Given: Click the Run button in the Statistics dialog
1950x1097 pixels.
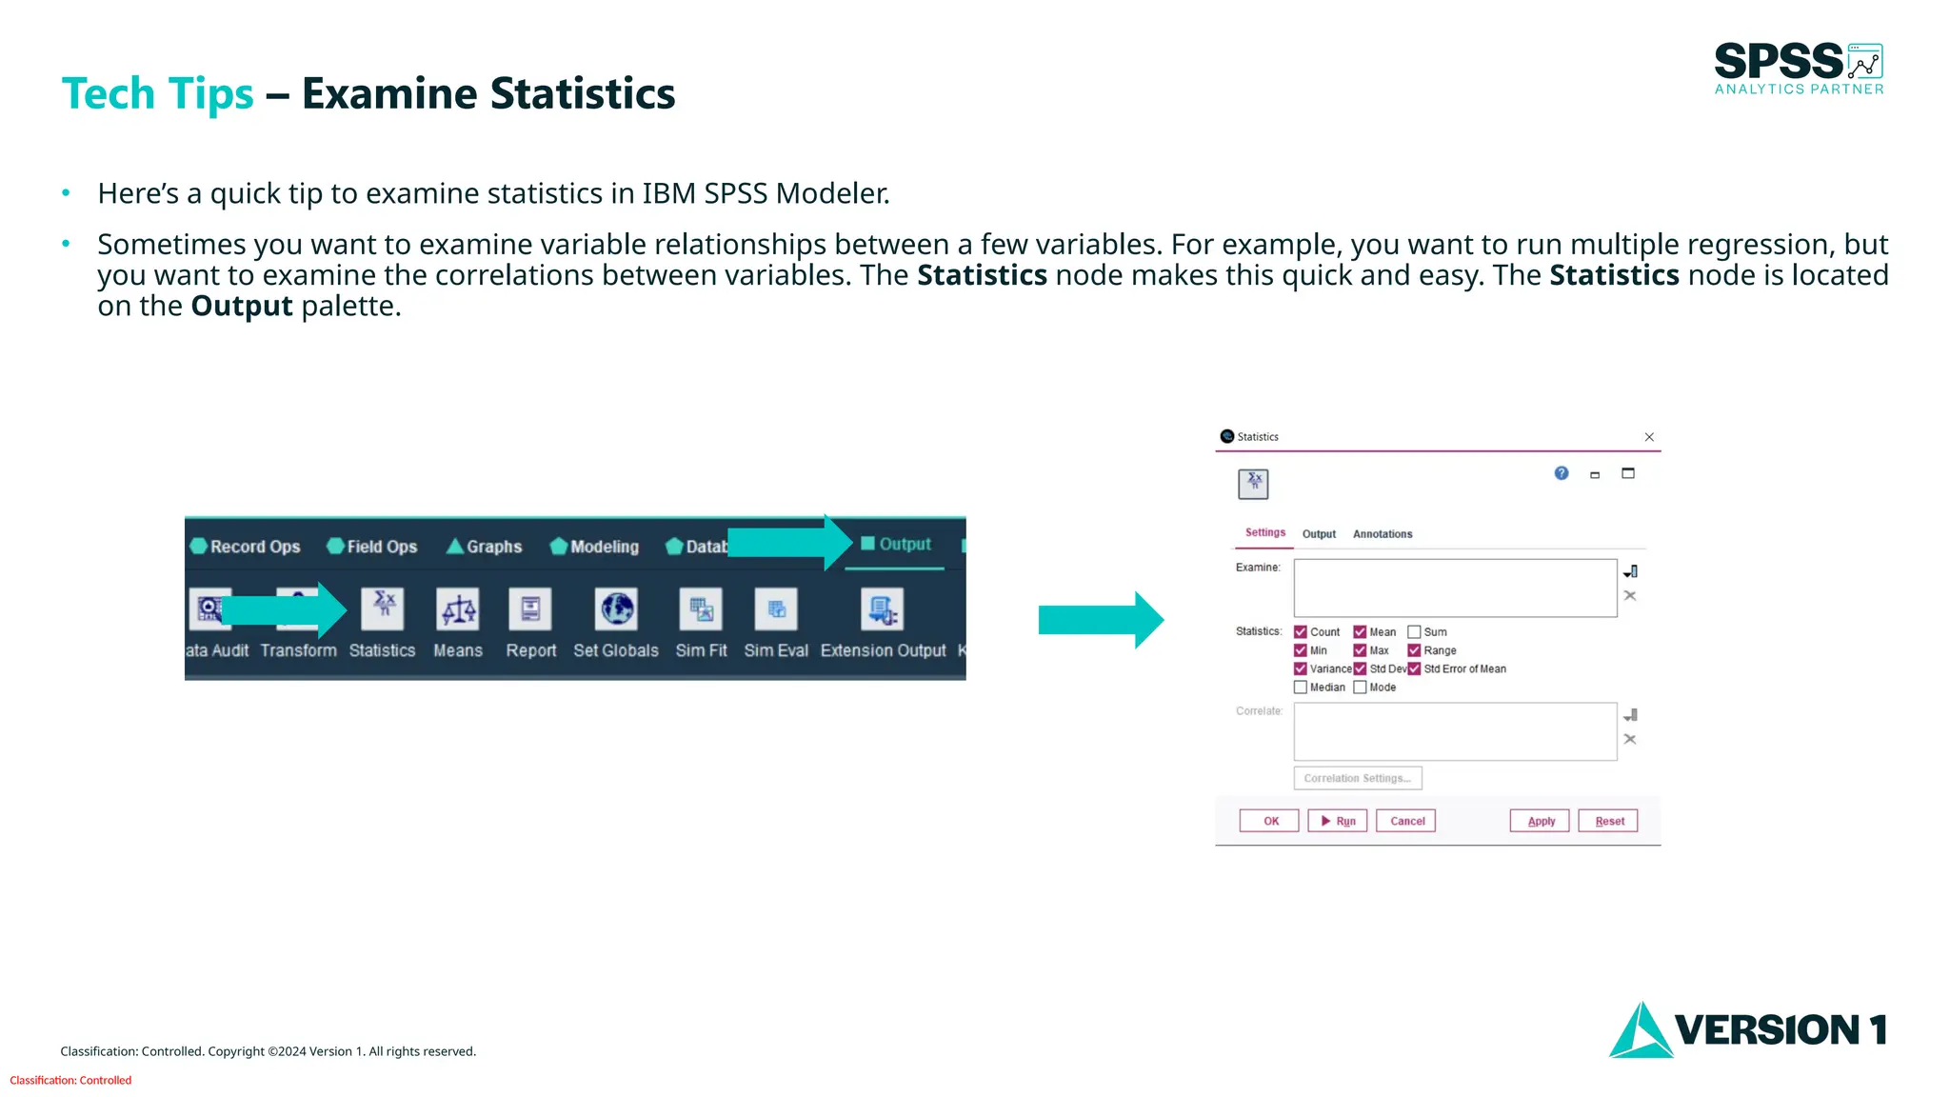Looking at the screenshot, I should [1337, 821].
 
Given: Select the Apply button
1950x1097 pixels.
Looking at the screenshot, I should [1540, 821].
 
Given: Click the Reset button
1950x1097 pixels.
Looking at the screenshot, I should [1608, 821].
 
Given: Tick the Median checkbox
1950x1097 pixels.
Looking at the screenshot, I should [1301, 688].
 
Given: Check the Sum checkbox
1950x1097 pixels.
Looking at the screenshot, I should [1414, 632].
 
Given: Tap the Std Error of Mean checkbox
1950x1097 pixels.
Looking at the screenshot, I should [1414, 669].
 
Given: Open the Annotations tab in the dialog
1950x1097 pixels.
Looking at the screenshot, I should [1383, 534].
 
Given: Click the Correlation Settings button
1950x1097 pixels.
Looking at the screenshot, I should [1358, 779].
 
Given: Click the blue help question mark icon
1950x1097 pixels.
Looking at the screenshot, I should [1562, 473].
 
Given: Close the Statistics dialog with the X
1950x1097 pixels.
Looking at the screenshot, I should [1649, 437].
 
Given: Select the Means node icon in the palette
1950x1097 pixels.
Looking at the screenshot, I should [458, 610].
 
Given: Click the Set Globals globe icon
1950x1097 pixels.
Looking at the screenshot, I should [617, 609].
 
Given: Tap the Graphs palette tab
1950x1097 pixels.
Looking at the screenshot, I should [485, 547].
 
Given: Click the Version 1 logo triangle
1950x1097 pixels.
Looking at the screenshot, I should [1640, 1032].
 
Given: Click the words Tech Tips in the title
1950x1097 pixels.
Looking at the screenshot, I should [157, 94].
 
